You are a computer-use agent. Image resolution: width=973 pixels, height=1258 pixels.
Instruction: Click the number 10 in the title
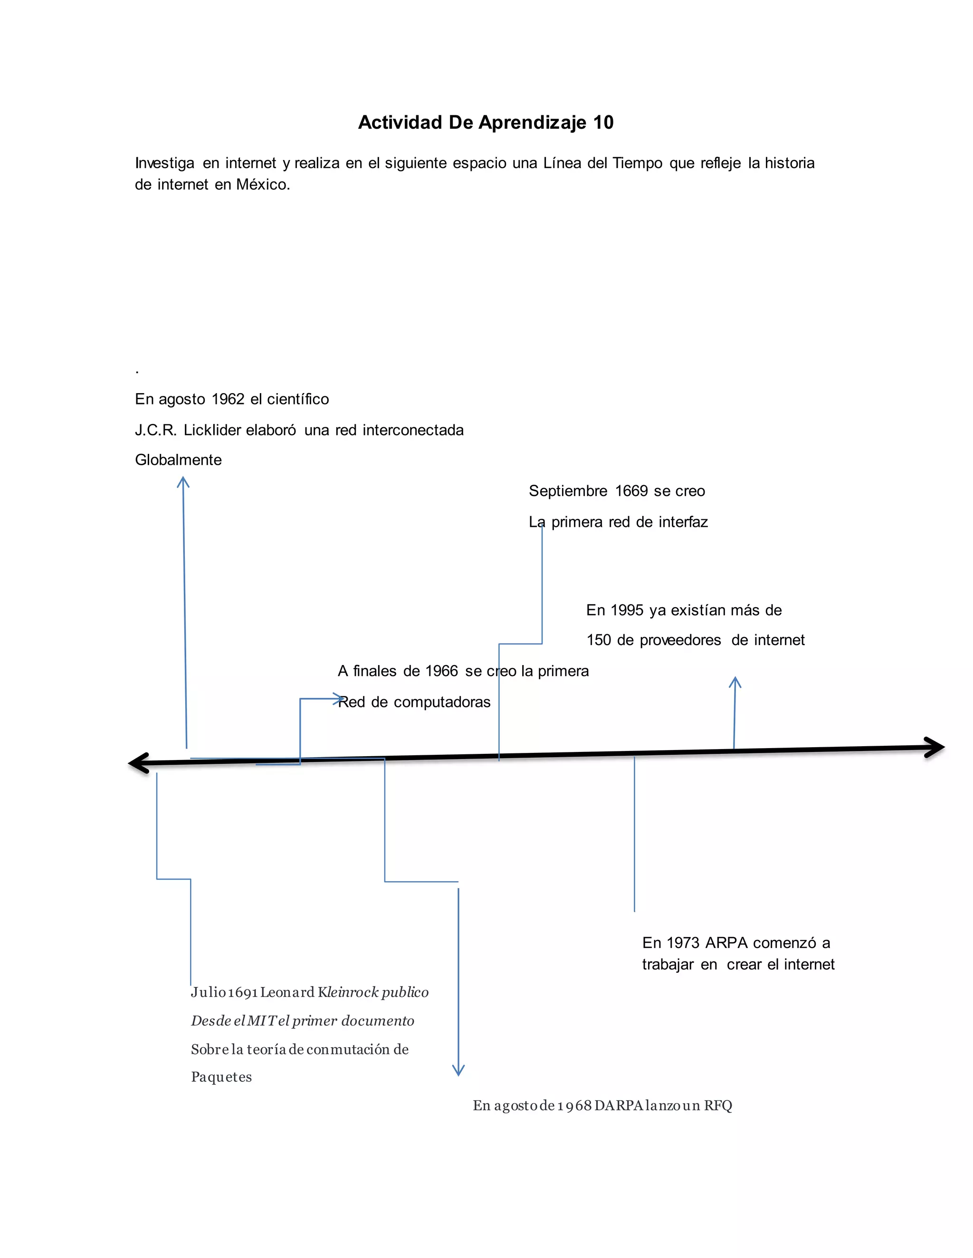[x=603, y=122]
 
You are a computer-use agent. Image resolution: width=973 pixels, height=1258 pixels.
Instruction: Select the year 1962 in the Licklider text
[x=228, y=399]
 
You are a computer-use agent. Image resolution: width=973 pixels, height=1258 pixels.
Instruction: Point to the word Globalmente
[x=178, y=460]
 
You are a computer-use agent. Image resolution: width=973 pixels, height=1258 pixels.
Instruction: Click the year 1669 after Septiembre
[x=631, y=491]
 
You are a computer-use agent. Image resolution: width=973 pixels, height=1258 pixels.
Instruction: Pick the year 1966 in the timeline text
[x=441, y=671]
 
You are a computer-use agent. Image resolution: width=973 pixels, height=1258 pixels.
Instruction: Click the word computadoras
[x=442, y=702]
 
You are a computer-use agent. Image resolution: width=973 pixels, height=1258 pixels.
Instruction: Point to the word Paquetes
[x=221, y=1077]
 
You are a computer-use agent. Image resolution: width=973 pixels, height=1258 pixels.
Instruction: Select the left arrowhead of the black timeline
[x=138, y=763]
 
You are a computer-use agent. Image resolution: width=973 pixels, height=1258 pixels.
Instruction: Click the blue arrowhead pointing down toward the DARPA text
[x=458, y=1070]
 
